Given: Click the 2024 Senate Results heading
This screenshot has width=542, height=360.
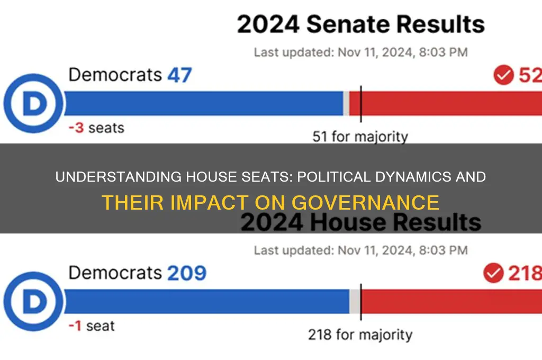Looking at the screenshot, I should pos(360,25).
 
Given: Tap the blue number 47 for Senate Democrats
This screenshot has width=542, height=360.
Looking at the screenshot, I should pos(179,75).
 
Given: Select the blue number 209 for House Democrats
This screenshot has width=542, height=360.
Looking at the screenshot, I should pos(187,274).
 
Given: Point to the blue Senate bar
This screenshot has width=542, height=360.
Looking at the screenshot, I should pos(204,103).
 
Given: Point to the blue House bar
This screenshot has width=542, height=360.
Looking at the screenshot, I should pos(206,302).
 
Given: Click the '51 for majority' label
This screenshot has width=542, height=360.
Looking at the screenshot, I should pos(360,137).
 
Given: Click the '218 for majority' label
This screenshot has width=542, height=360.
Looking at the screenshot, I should pos(360,335).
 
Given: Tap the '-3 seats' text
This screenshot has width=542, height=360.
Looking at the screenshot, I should pos(96,128).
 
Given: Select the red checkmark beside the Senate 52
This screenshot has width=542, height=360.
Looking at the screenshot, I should pos(503,75).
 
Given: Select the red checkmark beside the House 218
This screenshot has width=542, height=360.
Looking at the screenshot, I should pos(493,274).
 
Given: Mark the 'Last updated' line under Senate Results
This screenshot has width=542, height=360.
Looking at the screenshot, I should pos(360,52).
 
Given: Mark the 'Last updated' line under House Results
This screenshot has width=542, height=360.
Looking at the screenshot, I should pos(360,250).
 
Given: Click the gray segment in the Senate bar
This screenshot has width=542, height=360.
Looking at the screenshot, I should pos(346,103).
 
